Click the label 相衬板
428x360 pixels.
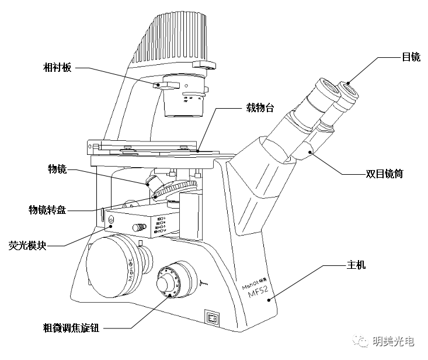pyautogui.click(x=57, y=68)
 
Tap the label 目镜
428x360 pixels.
pyautogui.click(x=410, y=57)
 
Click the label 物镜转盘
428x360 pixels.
pyautogui.click(x=47, y=209)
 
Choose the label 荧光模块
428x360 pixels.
pyautogui.click(x=27, y=245)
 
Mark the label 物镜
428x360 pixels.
pyautogui.click(x=57, y=169)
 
